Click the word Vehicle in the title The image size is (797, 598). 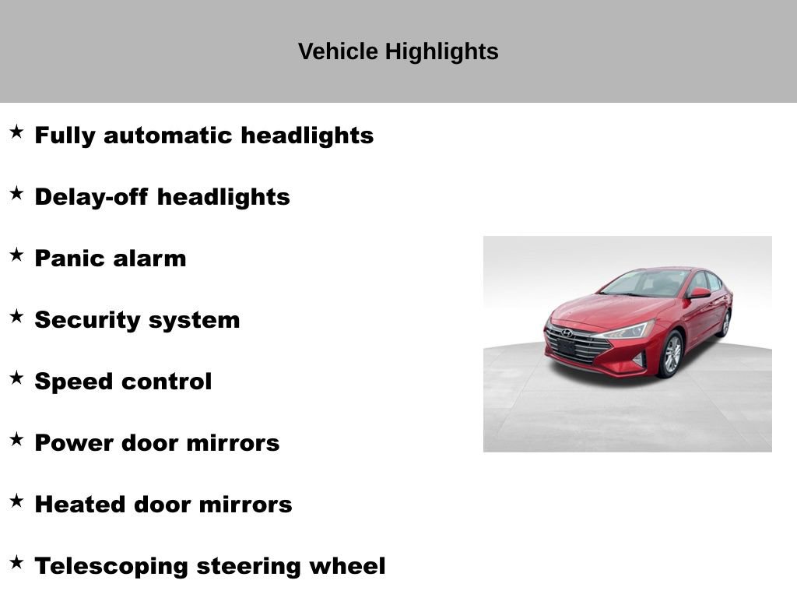coord(338,51)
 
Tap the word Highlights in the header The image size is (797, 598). coord(442,52)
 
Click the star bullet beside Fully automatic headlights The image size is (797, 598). coord(16,132)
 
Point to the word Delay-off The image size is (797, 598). coord(92,197)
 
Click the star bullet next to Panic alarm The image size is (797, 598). coord(16,255)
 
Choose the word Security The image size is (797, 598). coord(87,321)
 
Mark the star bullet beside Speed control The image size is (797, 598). coord(16,378)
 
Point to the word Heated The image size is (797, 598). coord(80,505)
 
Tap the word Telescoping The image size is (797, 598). coord(111,567)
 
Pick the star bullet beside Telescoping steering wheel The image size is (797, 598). coord(16,562)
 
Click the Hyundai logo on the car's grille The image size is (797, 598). coord(567,333)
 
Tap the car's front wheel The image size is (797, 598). coord(671,354)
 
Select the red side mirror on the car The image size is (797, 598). coord(700,293)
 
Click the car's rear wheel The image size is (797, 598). coord(725,323)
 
